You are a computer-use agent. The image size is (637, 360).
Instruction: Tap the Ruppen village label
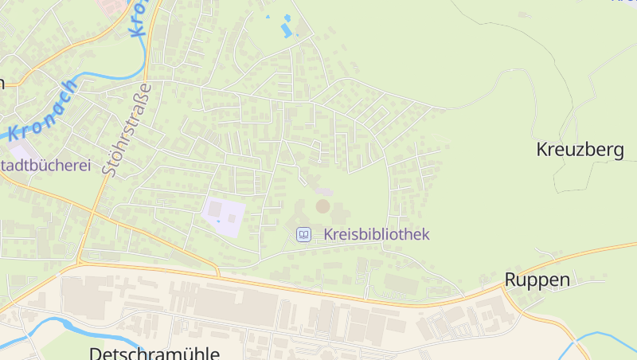tap(537, 280)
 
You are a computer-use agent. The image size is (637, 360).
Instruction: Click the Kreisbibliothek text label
tap(377, 234)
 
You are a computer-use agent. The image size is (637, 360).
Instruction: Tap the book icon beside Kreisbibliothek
tap(303, 234)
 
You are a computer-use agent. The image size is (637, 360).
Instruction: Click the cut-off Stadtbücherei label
tap(46, 166)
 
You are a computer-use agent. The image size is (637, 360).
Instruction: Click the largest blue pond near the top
tap(285, 30)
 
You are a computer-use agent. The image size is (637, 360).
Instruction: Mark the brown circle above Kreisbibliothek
tap(322, 206)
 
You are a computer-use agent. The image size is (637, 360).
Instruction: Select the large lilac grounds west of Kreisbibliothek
tap(223, 213)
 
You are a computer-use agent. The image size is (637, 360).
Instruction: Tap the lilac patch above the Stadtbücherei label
tap(21, 150)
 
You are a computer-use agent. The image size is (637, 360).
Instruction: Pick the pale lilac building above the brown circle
tap(322, 191)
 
